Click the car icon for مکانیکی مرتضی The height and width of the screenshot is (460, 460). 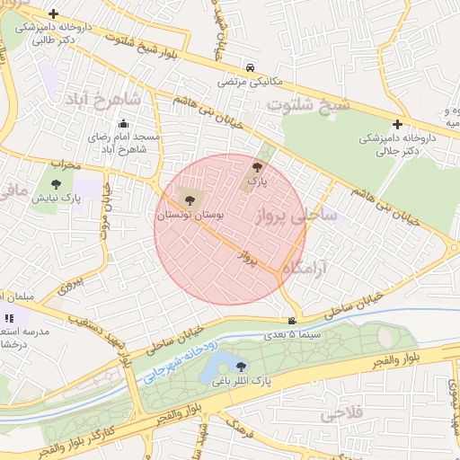point(249,67)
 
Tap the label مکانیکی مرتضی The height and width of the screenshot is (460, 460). point(249,81)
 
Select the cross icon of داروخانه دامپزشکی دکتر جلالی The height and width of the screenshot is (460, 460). point(397,125)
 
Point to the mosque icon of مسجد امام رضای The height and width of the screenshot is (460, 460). point(124,124)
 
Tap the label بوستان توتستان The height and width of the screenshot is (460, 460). point(187,216)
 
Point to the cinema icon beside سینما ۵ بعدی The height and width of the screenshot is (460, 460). point(291,322)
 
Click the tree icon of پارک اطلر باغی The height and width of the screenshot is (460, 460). point(240,366)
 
